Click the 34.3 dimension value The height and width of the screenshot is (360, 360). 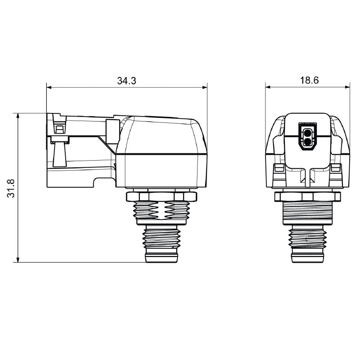pos(126,81)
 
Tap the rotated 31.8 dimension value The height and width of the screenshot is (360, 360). pos(12,188)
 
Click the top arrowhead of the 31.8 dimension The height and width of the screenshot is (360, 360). pos(18,116)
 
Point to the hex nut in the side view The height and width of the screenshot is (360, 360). pos(162,196)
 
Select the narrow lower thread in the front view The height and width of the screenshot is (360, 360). pos(308,238)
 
